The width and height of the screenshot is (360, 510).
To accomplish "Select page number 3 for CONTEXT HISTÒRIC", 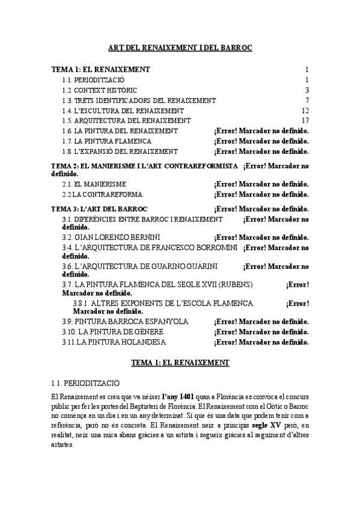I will [307, 90].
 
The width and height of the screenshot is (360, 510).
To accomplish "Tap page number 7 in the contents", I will [307, 100].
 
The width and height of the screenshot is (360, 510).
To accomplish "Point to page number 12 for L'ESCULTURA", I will [305, 111].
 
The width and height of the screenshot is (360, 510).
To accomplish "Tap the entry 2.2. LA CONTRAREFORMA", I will [102, 194].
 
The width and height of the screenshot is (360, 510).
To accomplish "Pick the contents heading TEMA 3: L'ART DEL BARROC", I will [99, 209].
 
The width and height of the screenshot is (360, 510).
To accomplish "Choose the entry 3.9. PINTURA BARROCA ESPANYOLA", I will [124, 322].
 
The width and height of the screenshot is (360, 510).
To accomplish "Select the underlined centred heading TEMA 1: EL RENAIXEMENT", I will [180, 363].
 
